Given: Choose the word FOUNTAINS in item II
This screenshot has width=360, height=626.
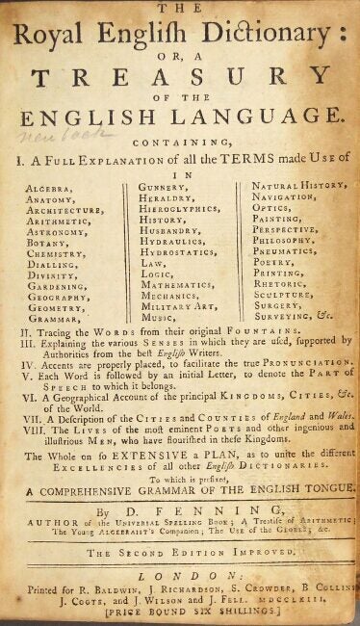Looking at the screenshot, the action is coord(269,329).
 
